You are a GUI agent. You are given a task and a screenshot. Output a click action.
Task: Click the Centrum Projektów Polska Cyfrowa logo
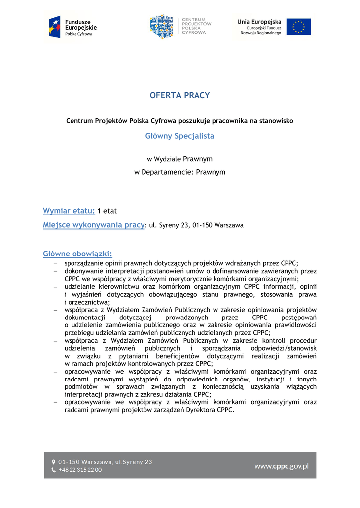click(x=180, y=27)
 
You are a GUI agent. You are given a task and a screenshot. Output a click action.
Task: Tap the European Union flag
click(x=298, y=27)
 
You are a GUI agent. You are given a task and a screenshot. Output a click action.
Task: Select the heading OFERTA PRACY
click(x=180, y=95)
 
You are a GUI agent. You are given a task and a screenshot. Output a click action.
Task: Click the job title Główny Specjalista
click(x=180, y=136)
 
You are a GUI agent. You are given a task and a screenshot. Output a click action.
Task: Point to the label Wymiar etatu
click(x=69, y=211)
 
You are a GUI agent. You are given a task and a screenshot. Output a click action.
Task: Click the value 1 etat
click(x=107, y=211)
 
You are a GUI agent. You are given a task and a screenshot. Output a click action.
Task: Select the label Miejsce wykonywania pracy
click(x=93, y=225)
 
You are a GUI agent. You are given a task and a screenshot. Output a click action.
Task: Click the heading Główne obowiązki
click(x=77, y=254)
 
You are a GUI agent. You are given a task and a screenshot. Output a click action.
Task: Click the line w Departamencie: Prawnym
click(x=180, y=172)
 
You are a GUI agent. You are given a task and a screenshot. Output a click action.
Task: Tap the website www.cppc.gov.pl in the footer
click(x=282, y=466)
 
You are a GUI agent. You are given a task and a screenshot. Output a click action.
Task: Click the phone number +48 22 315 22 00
click(x=80, y=470)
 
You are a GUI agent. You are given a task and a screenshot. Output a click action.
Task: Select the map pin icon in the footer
click(x=54, y=462)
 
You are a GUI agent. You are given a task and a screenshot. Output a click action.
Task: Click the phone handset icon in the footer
click(x=54, y=470)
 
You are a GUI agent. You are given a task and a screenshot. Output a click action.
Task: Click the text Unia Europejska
click(x=259, y=22)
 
